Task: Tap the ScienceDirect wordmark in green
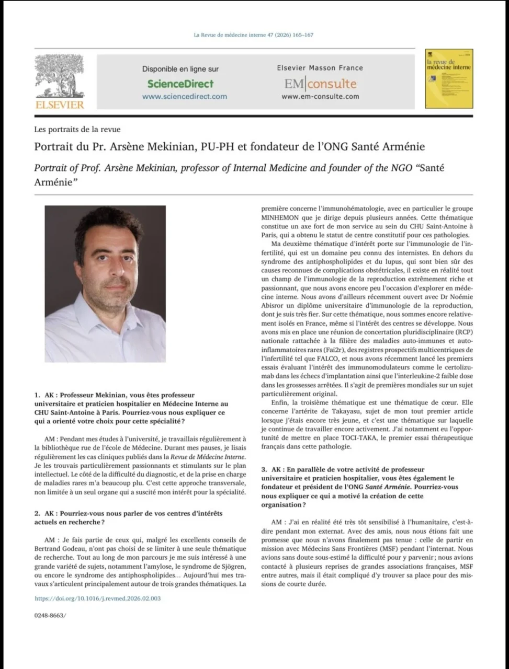pyautogui.click(x=180, y=84)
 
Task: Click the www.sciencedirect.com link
pyautogui.click(x=184, y=96)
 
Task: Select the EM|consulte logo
pyautogui.click(x=320, y=84)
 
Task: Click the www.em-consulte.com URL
pyautogui.click(x=320, y=96)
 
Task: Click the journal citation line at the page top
pyautogui.click(x=254, y=35)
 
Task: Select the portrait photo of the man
pyautogui.click(x=105, y=284)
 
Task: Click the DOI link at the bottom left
pyautogui.click(x=97, y=598)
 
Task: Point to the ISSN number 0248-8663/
pyautogui.click(x=50, y=616)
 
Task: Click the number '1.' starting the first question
pyautogui.click(x=37, y=396)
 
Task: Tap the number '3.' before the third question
pyautogui.click(x=265, y=470)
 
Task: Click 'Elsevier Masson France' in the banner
pyautogui.click(x=320, y=68)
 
